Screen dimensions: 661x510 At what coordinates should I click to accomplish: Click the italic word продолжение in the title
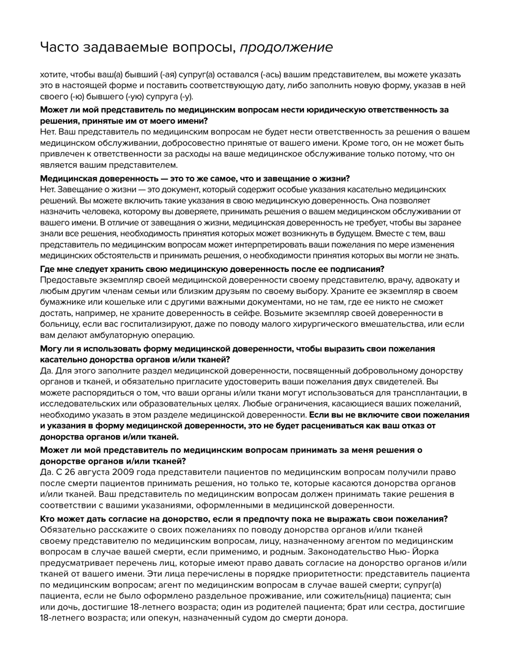click(286, 47)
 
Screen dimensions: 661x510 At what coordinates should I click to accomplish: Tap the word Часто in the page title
click(59, 47)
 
